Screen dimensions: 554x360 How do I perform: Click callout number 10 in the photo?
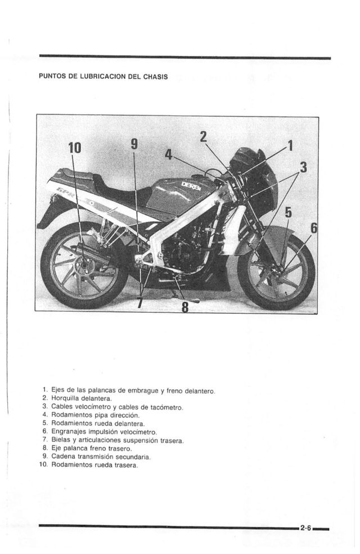point(74,148)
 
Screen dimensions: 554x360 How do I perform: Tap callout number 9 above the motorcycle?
point(134,144)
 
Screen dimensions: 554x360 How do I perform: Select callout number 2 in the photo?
point(203,136)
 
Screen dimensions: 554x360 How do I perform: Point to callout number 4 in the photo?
point(168,155)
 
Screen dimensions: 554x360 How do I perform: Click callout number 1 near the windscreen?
point(290,146)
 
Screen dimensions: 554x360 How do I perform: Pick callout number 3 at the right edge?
point(303,167)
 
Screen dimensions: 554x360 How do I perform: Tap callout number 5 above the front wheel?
point(289,212)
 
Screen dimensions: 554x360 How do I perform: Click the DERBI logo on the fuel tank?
point(190,186)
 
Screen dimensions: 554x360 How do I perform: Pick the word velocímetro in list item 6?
point(135,431)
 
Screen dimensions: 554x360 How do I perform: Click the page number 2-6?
point(306,528)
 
